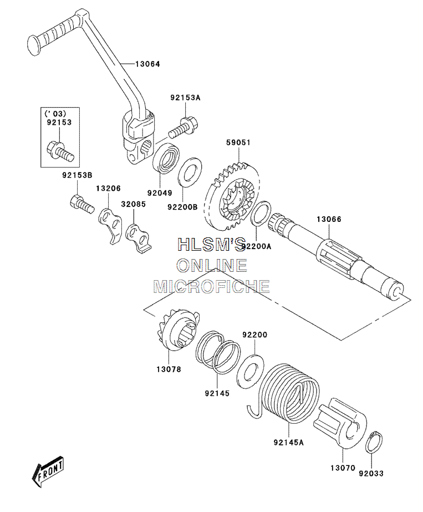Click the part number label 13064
(147, 64)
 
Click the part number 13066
(329, 220)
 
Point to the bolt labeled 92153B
(81, 203)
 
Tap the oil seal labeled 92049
(166, 158)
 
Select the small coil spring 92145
(218, 353)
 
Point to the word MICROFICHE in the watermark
(212, 286)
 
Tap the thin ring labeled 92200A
(261, 214)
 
